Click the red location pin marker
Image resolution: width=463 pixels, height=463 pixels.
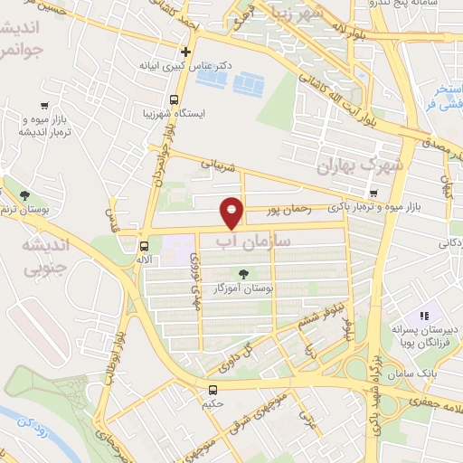[232, 212]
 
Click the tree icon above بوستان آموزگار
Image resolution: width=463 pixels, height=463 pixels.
[242, 273]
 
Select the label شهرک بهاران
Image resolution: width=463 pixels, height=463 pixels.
[358, 166]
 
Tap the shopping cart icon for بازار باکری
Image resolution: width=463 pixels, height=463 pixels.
[374, 193]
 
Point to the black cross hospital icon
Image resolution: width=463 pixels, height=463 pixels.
[185, 52]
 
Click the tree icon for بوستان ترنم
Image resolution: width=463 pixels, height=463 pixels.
[25, 195]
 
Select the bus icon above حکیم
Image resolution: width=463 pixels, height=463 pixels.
[213, 390]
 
